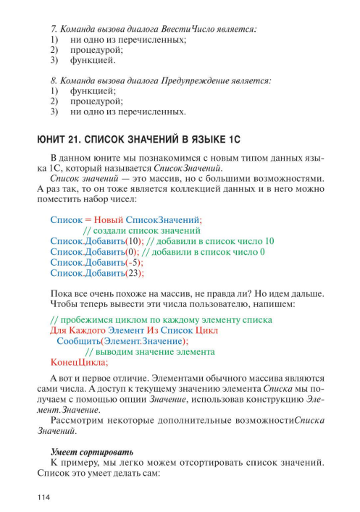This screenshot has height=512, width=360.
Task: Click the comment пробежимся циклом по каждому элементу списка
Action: (x=155, y=318)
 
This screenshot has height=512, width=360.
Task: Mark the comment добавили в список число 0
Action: (x=204, y=251)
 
